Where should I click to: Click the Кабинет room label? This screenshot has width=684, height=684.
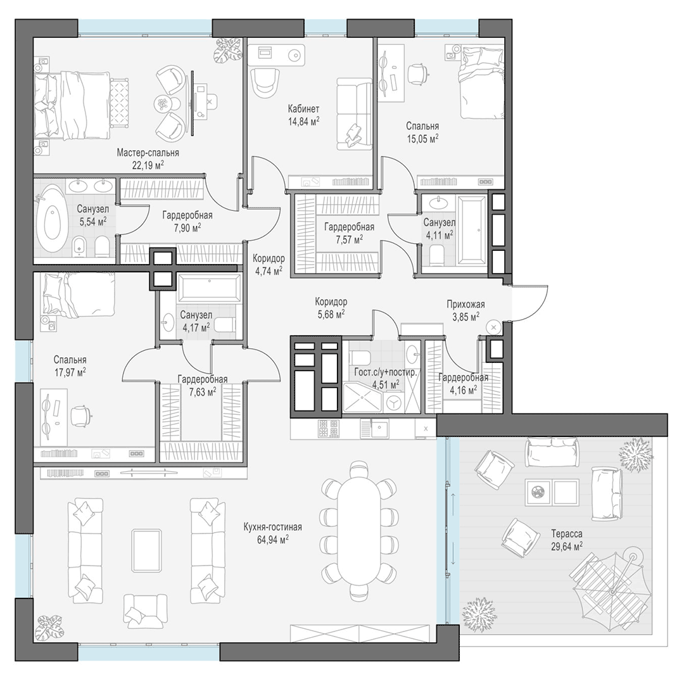tap(303, 109)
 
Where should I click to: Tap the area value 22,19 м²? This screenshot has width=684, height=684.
tap(148, 165)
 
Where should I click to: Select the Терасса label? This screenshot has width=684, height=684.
tap(567, 534)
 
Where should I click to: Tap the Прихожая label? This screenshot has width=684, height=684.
tap(465, 305)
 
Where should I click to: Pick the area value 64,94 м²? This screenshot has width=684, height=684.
tap(272, 540)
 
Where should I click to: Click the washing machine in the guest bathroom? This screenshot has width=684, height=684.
tap(394, 402)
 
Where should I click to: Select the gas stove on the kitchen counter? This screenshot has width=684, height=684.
tap(328, 428)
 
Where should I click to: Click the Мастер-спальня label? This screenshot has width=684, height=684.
tap(148, 153)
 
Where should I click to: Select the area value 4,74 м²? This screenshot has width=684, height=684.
tap(269, 271)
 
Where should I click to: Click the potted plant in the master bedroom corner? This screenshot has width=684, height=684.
tap(227, 49)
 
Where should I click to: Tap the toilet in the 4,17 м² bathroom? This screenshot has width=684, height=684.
tap(226, 324)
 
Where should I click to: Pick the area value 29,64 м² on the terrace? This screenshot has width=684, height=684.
tap(567, 546)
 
